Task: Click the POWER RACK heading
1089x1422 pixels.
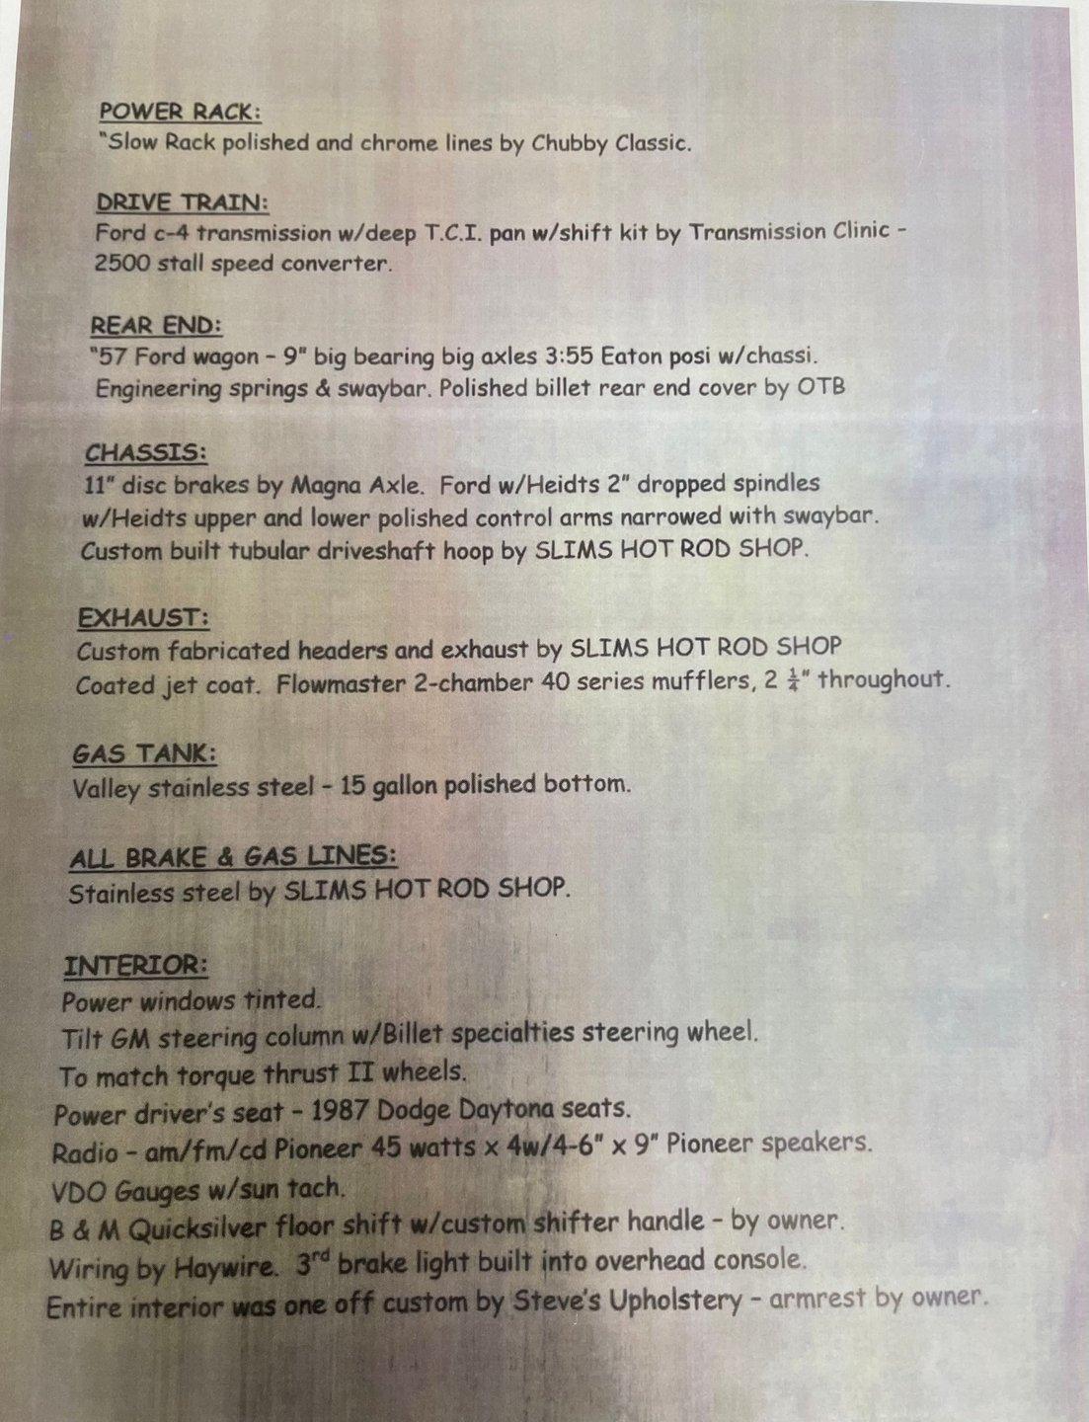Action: coord(180,112)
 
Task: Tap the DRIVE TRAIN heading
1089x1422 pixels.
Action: coord(182,202)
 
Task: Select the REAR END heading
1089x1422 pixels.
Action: coord(156,326)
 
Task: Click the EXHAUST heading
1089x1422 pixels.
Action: coord(142,618)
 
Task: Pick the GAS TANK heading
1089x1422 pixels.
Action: coord(143,754)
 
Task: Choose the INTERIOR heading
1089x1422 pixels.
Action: coord(135,965)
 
